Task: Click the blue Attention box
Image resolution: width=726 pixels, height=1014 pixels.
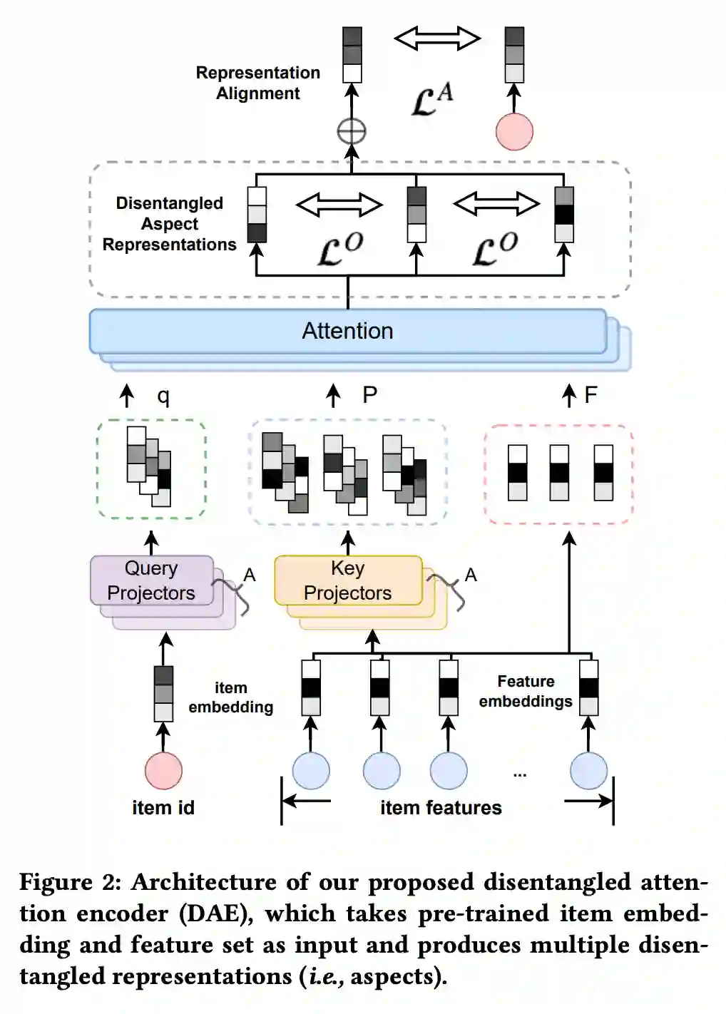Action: click(347, 331)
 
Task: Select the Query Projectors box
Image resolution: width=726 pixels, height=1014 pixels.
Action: click(152, 580)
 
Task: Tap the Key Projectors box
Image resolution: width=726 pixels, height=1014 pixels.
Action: click(348, 580)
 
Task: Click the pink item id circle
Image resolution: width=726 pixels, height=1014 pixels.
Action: click(163, 770)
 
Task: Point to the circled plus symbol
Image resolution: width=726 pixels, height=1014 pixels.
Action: click(352, 132)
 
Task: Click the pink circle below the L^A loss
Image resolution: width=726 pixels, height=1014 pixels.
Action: click(514, 131)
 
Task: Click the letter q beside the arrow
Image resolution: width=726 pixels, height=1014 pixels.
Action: click(163, 396)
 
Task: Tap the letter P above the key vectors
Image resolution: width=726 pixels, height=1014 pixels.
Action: click(370, 395)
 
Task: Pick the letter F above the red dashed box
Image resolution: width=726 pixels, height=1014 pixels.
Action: click(590, 395)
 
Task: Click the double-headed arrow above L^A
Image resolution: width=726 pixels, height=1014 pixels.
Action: click(436, 38)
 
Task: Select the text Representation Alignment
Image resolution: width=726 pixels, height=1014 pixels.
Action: click(258, 83)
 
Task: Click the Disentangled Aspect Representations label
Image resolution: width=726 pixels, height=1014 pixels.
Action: click(169, 224)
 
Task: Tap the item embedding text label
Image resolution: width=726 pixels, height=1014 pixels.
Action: click(231, 697)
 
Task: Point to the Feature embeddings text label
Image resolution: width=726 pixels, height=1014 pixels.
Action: click(526, 691)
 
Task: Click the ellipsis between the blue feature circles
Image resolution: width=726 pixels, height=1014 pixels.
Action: click(520, 775)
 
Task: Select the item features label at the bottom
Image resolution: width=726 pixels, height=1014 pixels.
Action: click(441, 808)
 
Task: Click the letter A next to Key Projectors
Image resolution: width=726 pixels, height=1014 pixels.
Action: click(471, 575)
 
